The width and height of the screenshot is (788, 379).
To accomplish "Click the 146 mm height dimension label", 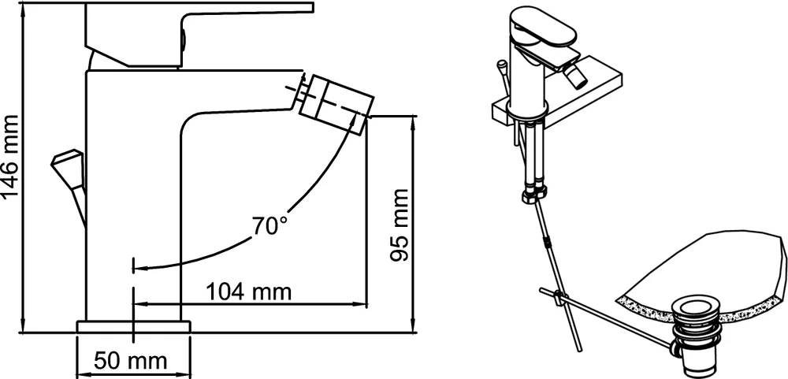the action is click(x=10, y=156).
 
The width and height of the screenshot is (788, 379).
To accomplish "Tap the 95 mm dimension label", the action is click(x=400, y=225).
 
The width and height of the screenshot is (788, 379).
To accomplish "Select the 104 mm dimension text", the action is click(x=249, y=292).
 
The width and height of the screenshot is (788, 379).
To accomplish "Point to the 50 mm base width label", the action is click(x=131, y=360).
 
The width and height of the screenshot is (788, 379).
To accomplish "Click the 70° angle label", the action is click(x=269, y=226).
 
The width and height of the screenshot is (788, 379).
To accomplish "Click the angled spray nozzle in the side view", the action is click(x=336, y=105).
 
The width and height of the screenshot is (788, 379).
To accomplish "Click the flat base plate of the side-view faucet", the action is click(x=134, y=327).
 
